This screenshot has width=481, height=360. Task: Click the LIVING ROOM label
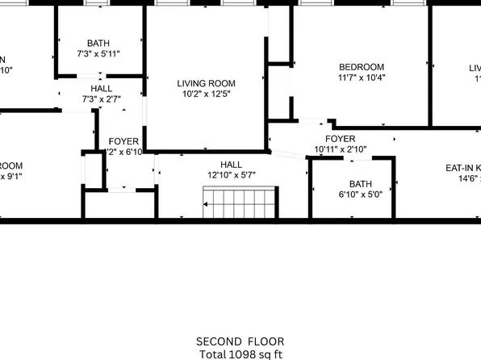click(x=206, y=82)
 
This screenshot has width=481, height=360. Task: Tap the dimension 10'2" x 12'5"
click(x=206, y=94)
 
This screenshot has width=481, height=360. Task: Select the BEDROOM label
click(x=361, y=67)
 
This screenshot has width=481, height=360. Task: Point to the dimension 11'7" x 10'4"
click(x=361, y=78)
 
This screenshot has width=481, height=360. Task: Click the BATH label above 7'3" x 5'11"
click(x=98, y=44)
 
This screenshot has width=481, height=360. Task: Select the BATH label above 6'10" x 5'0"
click(x=360, y=183)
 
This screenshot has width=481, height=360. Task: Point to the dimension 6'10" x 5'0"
click(x=360, y=195)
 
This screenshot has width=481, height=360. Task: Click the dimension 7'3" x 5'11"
click(x=98, y=55)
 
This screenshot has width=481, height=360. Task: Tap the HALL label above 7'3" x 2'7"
click(x=102, y=89)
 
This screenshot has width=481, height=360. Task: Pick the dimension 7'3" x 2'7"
click(x=102, y=100)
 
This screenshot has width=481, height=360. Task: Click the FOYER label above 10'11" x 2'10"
click(x=328, y=138)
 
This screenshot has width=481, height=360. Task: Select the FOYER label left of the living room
click(x=123, y=140)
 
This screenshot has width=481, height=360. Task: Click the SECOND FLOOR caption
click(x=240, y=341)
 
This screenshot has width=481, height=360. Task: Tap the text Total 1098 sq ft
click(x=240, y=354)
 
